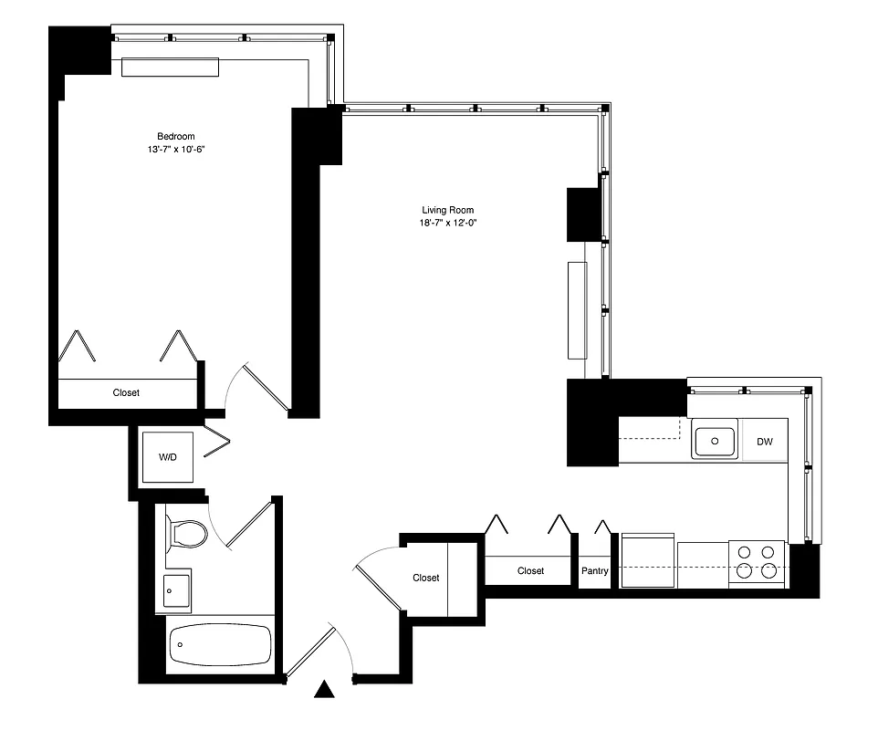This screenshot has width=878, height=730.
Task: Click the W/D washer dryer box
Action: pyautogui.click(x=169, y=455)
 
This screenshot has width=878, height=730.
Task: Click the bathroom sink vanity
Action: pyautogui.click(x=178, y=589)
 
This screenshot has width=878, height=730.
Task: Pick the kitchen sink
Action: pyautogui.click(x=715, y=442)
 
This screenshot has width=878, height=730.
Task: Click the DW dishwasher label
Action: pyautogui.click(x=765, y=443)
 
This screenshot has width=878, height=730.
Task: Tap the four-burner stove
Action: pyautogui.click(x=758, y=562)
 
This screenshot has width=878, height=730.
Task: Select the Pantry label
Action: pyautogui.click(x=595, y=571)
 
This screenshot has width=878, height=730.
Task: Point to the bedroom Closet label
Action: pyautogui.click(x=126, y=393)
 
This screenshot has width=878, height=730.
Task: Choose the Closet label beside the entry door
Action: pyautogui.click(x=426, y=578)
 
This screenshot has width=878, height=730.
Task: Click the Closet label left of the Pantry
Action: pyautogui.click(x=530, y=571)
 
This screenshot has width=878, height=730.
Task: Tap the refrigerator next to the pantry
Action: pyautogui.click(x=648, y=559)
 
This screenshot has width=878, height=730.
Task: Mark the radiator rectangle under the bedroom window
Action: pyautogui.click(x=171, y=68)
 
